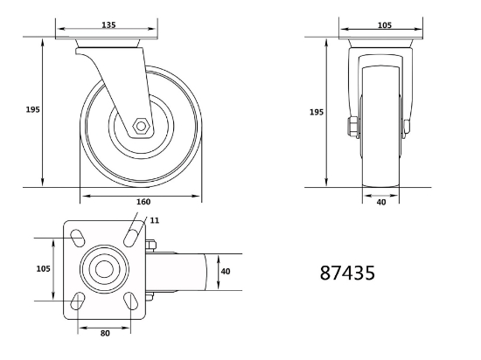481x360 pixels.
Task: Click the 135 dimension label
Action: click(108, 24)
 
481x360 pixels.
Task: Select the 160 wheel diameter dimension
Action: click(143, 202)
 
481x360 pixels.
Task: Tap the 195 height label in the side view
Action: click(33, 109)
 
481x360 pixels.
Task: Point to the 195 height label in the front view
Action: click(317, 112)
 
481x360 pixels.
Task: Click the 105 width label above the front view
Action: click(385, 25)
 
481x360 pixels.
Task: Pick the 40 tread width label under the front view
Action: click(381, 202)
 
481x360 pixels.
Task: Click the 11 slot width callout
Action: click(155, 220)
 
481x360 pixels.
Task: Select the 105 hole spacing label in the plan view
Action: click(43, 269)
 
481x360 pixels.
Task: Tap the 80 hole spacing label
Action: click(105, 333)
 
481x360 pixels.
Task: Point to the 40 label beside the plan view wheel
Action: click(226, 272)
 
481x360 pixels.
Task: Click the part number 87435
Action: click(347, 273)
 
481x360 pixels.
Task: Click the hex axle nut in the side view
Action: click(141, 126)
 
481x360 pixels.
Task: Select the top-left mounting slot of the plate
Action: click(78, 238)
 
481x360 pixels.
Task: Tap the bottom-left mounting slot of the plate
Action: click(78, 301)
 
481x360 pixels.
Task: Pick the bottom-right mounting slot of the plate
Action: click(131, 301)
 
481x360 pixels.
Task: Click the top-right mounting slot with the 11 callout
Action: click(131, 238)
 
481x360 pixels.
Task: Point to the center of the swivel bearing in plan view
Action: click(104, 269)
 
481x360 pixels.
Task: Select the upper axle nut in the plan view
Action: click(150, 245)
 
